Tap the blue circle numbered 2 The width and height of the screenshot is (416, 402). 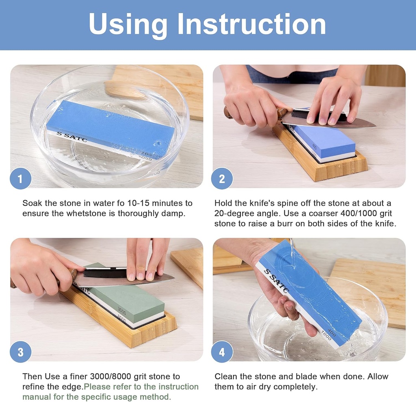222,178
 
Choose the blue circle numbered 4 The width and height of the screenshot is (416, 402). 222,352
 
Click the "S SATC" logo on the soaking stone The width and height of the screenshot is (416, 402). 64,137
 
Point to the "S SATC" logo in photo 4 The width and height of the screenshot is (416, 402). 276,280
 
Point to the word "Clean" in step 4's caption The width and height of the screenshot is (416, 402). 226,377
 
